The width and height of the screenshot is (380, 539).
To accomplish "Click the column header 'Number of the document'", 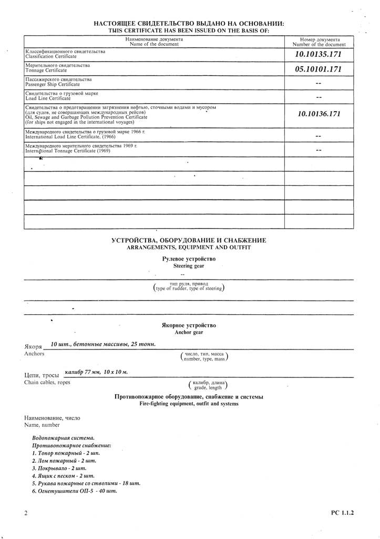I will (x=320, y=44).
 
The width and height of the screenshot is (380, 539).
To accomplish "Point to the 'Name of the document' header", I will (x=154, y=44).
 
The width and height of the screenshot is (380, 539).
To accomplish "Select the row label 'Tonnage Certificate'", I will (x=46, y=70).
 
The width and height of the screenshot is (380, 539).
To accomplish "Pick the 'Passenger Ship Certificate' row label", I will (x=53, y=84).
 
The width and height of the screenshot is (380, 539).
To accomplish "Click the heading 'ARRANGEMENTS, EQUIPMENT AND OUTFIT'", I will (x=189, y=247).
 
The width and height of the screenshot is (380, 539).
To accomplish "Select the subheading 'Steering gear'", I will (x=189, y=266).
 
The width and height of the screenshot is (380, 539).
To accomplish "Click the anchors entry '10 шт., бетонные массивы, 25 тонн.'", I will (x=103, y=344).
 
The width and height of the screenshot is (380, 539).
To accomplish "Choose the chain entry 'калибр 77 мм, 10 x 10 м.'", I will (x=96, y=372).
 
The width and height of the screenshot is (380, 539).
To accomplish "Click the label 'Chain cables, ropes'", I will (x=47, y=382).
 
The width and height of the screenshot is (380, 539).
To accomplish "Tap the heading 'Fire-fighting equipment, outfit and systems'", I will (x=189, y=404).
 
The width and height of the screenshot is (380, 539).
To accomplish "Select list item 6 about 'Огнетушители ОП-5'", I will (x=74, y=491).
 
